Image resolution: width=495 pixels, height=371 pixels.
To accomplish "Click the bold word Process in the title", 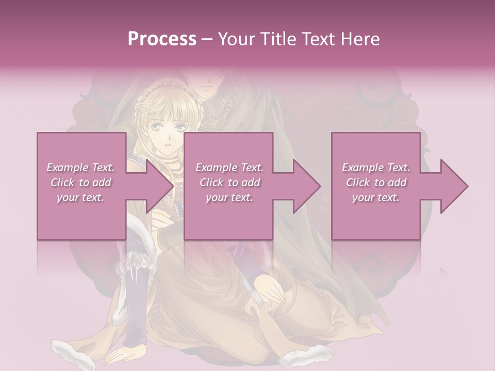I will pos(162,39).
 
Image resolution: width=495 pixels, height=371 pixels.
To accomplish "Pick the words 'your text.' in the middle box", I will pos(229,197).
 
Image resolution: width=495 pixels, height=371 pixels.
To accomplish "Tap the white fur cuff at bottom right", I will pos(307,356).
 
